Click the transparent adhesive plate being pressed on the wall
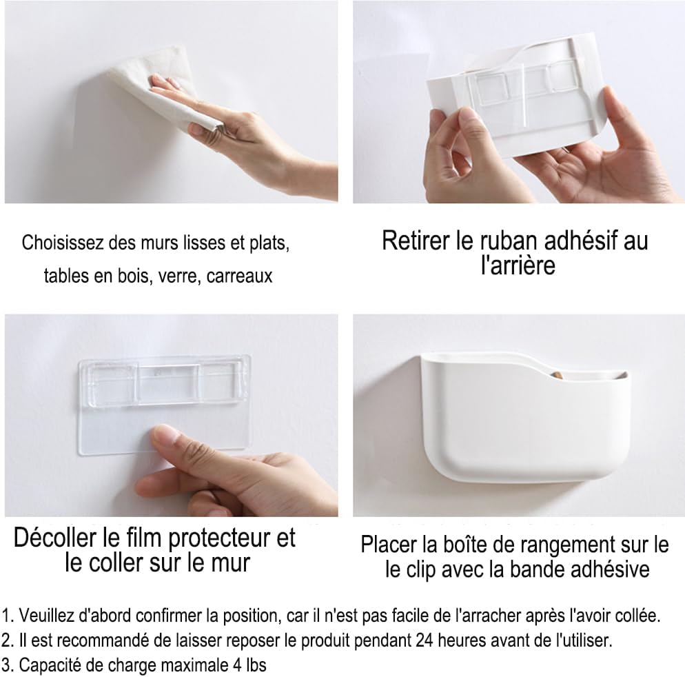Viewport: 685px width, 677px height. point(164,404)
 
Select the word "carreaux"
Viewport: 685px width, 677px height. point(239,276)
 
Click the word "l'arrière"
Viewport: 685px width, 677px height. point(518,265)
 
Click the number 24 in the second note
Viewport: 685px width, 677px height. point(425,640)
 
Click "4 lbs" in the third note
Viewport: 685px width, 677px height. point(249,665)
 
